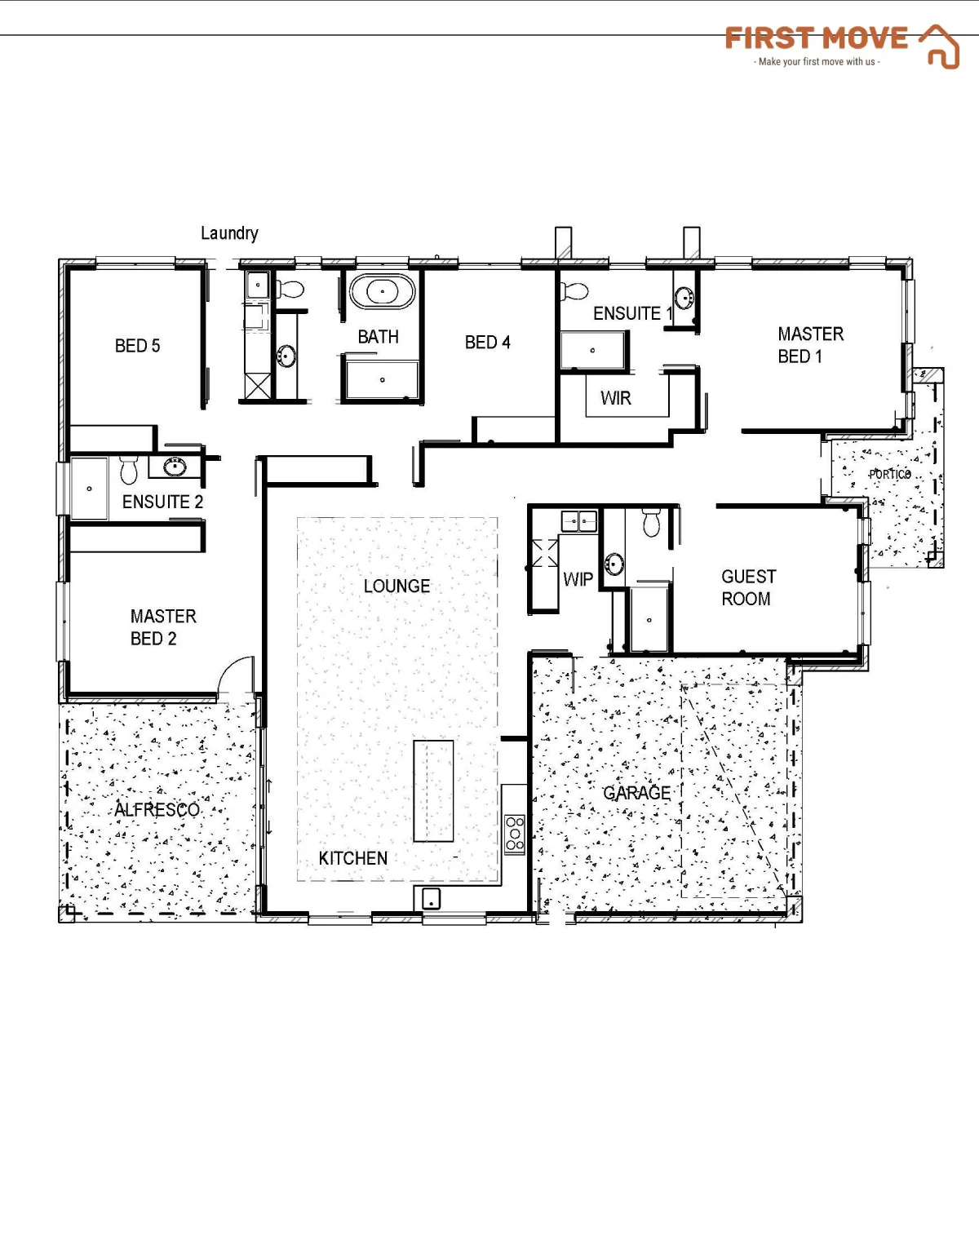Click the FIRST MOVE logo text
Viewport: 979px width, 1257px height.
point(816,38)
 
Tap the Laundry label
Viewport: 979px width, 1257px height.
point(229,233)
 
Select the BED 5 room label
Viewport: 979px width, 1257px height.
point(137,345)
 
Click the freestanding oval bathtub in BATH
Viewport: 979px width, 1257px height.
point(383,291)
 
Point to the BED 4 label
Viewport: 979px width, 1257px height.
point(488,342)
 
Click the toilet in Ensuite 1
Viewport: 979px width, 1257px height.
point(574,290)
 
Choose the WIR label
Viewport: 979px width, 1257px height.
point(615,398)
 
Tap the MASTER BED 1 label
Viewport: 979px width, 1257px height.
point(810,345)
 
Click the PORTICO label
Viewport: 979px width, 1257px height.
point(889,475)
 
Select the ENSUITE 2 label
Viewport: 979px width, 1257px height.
point(162,502)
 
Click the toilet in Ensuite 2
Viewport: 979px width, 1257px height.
point(128,470)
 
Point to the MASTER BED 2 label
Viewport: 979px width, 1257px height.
point(163,627)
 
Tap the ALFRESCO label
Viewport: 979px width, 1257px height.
point(157,810)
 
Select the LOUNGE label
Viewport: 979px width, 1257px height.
point(396,586)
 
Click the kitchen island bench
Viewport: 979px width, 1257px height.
point(433,790)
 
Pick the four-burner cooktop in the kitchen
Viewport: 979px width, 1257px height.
point(514,834)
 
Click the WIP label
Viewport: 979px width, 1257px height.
point(578,579)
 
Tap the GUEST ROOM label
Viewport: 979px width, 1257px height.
point(748,587)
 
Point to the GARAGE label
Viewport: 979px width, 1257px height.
point(636,793)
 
